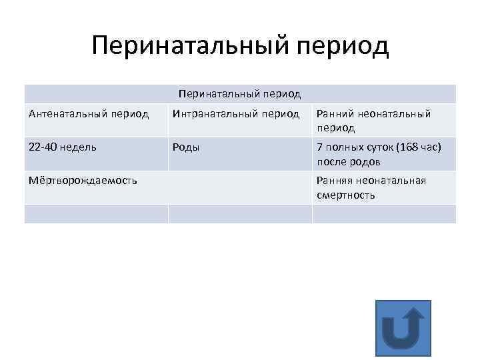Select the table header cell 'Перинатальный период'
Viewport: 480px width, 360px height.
240,94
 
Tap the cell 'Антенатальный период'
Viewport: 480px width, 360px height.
89,114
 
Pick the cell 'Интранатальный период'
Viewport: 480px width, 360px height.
236,114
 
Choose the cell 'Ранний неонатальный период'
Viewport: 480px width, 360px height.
374,121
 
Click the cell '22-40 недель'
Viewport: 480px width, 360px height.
63,147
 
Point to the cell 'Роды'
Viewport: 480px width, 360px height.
186,147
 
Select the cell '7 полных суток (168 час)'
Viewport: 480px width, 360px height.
379,147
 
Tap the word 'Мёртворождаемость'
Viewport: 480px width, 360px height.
83,181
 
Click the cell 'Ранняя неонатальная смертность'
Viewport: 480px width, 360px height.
371,187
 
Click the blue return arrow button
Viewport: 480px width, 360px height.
403,327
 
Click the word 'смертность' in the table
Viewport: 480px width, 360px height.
346,195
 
